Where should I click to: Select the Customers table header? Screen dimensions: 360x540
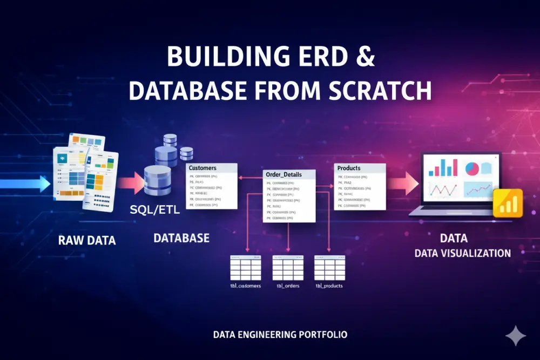tap(202, 168)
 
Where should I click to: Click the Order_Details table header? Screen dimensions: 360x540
tap(283, 174)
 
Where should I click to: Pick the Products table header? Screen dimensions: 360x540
tap(349, 168)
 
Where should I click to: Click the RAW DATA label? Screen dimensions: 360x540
tap(87, 240)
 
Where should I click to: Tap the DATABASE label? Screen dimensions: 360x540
tap(181, 238)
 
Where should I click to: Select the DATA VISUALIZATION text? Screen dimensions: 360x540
tap(462, 253)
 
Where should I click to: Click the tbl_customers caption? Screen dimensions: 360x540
tap(245, 286)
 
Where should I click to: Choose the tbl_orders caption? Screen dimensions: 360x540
tap(288, 286)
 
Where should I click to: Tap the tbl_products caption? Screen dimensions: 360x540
tap(329, 286)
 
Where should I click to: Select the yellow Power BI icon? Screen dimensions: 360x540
tap(508, 203)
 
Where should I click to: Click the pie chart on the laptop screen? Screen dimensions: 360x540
tap(472, 168)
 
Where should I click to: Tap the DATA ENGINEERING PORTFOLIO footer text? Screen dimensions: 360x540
tap(280, 335)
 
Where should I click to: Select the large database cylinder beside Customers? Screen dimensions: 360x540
tap(157, 181)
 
